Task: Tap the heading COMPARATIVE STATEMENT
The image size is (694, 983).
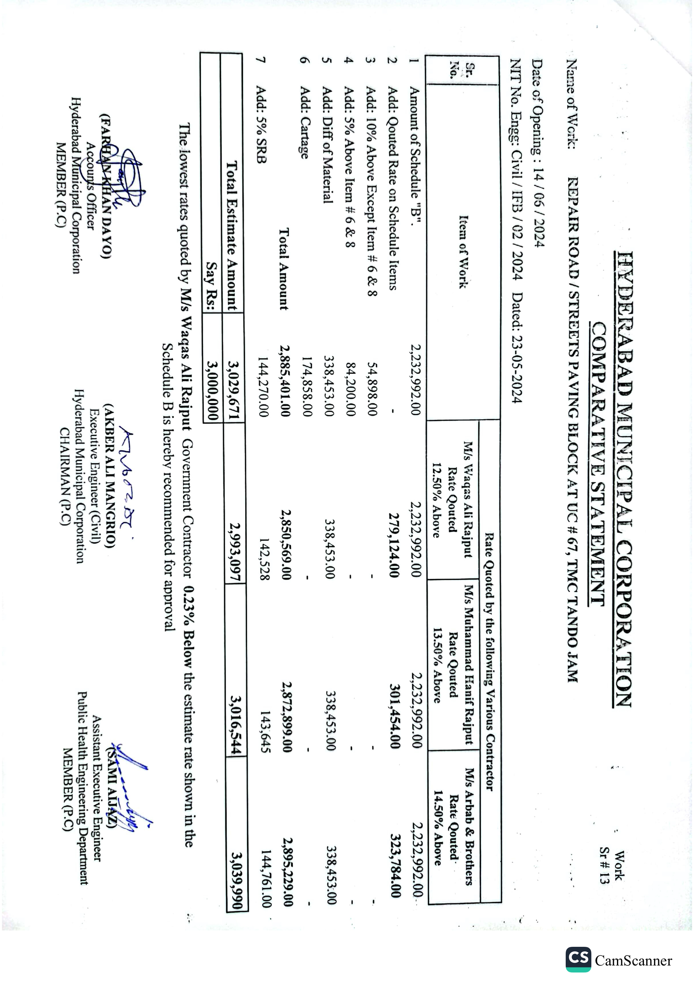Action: click(x=598, y=463)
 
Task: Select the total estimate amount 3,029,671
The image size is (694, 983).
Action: click(x=234, y=390)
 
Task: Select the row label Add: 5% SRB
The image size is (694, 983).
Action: click(x=261, y=125)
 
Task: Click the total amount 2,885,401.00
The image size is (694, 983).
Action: click(x=285, y=381)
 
